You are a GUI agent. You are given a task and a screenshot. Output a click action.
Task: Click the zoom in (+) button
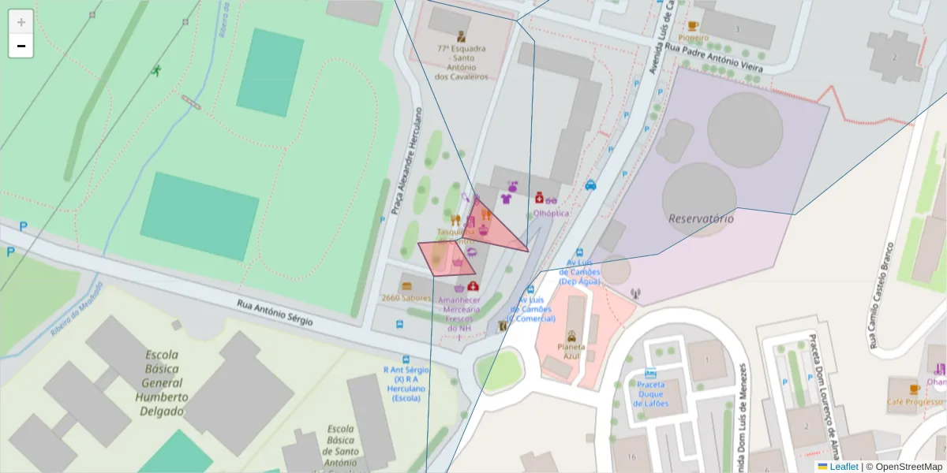[x=21, y=21]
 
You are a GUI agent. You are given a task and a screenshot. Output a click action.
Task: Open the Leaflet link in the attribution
[x=843, y=467]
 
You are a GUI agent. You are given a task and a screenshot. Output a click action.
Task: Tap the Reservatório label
[x=701, y=218]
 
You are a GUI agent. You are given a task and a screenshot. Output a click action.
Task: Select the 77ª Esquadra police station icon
[x=461, y=35]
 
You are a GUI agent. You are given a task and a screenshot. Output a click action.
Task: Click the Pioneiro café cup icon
[x=693, y=26]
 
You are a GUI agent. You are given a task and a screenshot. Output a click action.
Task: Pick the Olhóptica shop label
[x=551, y=213]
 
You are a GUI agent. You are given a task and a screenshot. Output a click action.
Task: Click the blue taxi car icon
[x=590, y=185]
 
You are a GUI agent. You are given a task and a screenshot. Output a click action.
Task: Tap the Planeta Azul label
[x=571, y=351]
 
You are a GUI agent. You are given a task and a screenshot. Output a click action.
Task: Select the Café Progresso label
[x=914, y=401]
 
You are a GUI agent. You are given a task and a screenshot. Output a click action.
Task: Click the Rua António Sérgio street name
[x=275, y=312]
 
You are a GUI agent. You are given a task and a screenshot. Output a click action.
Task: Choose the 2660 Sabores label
[x=406, y=298]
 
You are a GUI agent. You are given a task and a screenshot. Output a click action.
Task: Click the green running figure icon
[x=156, y=72]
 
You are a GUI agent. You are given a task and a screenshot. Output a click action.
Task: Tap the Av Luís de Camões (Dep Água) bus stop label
[x=580, y=271]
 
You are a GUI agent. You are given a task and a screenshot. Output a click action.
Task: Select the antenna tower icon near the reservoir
[x=636, y=294]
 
